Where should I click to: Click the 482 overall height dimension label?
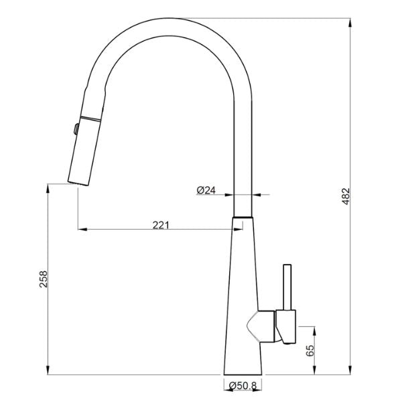click(x=345, y=195)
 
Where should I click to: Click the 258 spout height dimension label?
click(x=43, y=278)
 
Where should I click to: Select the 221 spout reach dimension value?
click(x=160, y=224)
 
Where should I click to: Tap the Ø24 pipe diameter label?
click(x=206, y=190)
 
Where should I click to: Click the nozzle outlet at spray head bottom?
click(x=78, y=182)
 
